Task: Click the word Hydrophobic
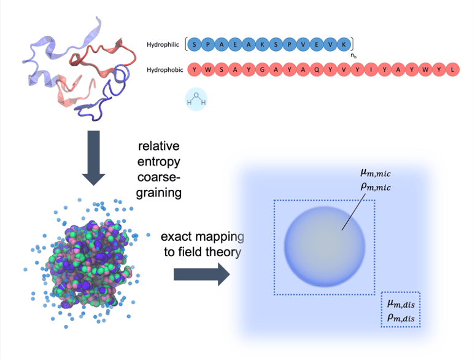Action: coord(165,70)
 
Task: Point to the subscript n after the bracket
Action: coord(353,57)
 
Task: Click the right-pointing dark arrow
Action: coord(199,275)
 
